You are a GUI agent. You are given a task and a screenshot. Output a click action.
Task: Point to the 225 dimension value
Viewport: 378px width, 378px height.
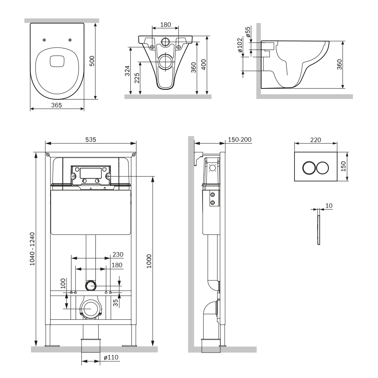(137, 78)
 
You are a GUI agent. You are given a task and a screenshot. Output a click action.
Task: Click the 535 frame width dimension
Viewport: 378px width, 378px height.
(90, 139)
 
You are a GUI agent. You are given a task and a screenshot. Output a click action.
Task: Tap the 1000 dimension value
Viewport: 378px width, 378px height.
(149, 261)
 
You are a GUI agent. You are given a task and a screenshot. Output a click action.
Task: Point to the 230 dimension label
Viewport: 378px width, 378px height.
(118, 254)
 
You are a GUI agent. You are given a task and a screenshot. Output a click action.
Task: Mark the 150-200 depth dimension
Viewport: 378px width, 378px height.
(240, 139)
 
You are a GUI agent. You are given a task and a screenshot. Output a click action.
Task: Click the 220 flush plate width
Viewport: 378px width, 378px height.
(315, 139)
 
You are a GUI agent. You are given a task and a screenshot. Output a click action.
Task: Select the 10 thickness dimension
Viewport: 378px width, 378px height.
(328, 205)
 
